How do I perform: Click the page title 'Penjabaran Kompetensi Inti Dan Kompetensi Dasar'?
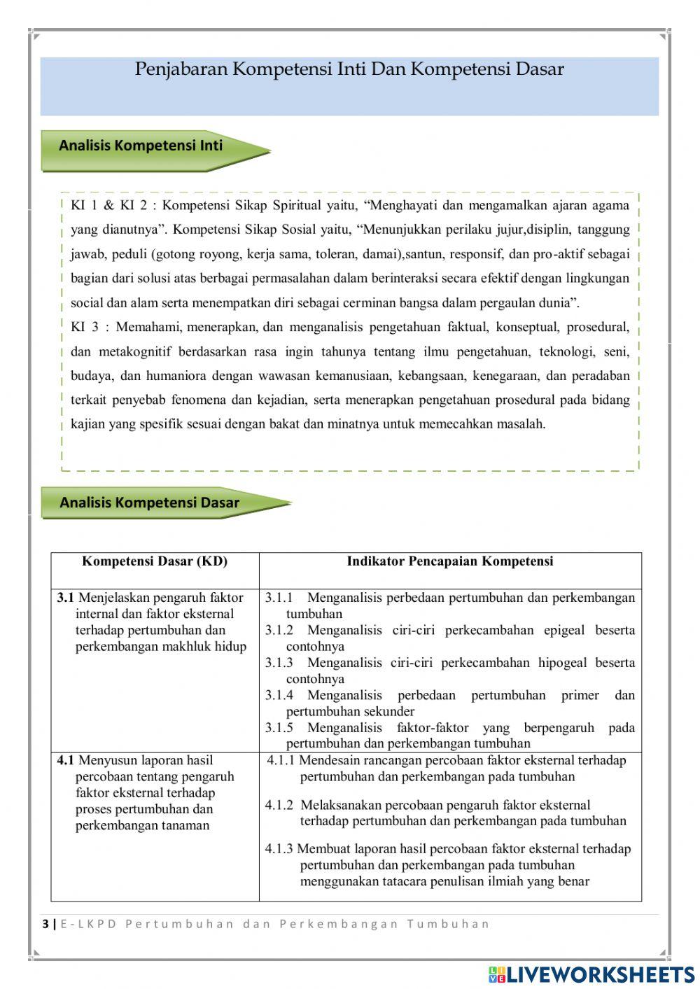[x=349, y=69]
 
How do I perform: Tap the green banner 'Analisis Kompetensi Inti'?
[x=141, y=146]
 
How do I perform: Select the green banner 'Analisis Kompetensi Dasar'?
[x=149, y=503]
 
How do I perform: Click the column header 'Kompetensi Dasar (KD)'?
[x=155, y=561]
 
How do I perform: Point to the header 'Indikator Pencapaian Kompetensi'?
[x=450, y=561]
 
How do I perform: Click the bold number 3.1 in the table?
[x=65, y=598]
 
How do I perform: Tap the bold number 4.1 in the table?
[x=65, y=760]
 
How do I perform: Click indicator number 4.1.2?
[x=279, y=805]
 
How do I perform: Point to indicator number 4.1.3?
[x=279, y=849]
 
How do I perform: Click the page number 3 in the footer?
[x=45, y=924]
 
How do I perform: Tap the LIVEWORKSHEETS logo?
[x=591, y=974]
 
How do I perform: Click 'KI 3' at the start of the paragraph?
[x=85, y=327]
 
